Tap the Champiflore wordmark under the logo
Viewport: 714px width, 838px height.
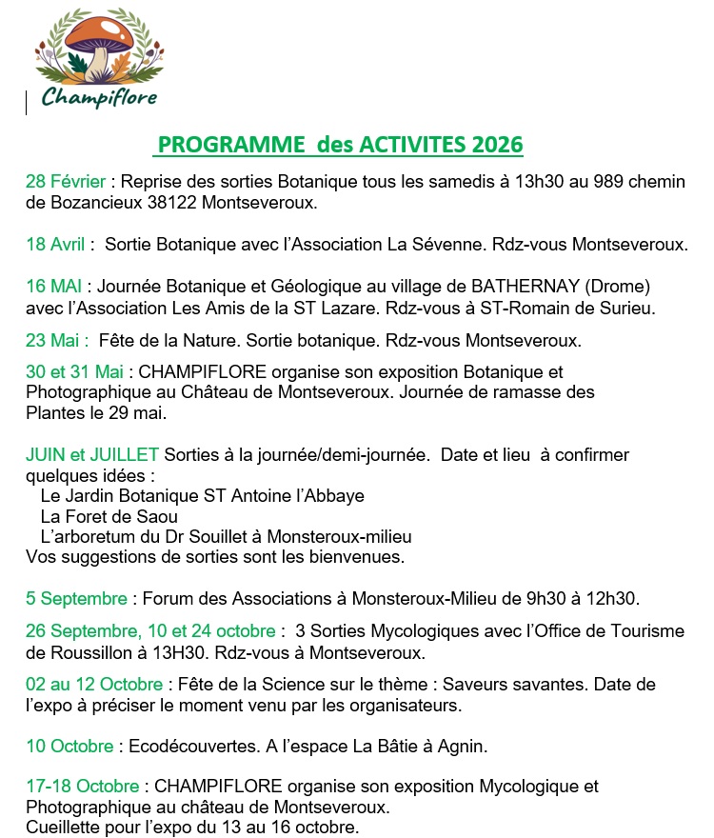99,97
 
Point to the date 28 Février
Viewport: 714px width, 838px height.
67,181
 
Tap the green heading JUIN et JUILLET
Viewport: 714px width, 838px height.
92,455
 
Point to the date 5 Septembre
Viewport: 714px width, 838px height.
76,599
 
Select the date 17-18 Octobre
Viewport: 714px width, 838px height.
83,786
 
